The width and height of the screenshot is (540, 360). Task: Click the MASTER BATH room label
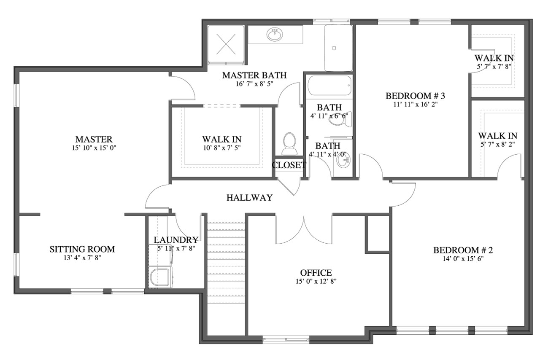tap(254, 75)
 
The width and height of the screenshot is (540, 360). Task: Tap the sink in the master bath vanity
tap(275, 34)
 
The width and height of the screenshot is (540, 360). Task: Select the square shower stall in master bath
tap(226, 44)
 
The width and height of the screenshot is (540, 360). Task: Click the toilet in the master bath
tap(289, 143)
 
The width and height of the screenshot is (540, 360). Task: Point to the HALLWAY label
tap(249, 197)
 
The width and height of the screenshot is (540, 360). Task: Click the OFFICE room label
tap(316, 273)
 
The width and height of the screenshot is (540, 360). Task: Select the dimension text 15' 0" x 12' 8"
tap(316, 281)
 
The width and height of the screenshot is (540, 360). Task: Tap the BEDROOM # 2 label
tap(463, 250)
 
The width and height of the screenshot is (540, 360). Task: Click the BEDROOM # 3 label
tap(415, 96)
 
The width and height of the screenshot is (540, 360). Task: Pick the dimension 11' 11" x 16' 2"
tap(415, 105)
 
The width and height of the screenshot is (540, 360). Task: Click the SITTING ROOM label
tap(82, 249)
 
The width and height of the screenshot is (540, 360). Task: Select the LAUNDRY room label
tap(175, 240)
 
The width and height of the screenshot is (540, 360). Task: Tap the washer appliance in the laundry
tap(160, 277)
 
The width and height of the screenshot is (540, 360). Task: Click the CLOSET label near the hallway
tap(289, 165)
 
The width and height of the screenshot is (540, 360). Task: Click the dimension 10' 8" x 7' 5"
tap(221, 148)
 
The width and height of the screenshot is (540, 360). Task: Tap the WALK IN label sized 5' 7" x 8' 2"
tap(497, 136)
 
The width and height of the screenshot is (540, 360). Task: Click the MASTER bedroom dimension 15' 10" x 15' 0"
tap(94, 148)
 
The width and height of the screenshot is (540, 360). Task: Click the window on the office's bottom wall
tap(285, 338)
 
